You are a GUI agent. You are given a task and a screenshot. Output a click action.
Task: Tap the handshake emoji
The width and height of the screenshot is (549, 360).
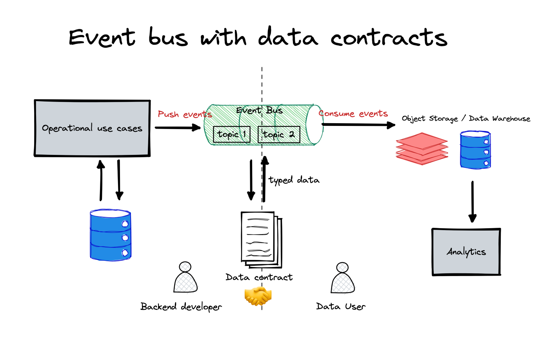click(x=258, y=296)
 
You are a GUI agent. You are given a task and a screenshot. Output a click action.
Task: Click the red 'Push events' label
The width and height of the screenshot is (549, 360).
click(x=185, y=114)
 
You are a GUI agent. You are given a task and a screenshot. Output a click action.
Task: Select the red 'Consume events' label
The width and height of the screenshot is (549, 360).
click(x=353, y=113)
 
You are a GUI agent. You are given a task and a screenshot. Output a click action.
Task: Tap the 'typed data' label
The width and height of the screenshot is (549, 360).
click(x=294, y=180)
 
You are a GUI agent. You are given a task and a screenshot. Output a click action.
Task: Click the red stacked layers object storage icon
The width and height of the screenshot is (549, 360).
click(x=422, y=149)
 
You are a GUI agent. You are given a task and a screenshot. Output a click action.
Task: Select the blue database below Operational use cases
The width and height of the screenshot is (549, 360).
click(x=111, y=235)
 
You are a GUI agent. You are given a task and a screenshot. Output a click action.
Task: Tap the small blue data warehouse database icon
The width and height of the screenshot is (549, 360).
click(x=475, y=150)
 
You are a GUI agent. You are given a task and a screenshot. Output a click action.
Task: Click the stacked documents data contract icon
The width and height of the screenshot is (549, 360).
click(x=262, y=240)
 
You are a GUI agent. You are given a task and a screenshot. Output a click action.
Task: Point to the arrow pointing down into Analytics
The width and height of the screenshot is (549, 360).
click(x=473, y=202)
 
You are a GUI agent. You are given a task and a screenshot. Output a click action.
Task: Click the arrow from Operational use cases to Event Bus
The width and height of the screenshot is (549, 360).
click(x=178, y=128)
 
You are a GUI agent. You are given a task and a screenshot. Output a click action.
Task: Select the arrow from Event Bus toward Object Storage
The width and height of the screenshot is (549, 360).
click(x=358, y=125)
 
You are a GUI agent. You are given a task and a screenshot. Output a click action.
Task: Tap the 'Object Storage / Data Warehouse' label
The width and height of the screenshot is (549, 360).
click(x=466, y=118)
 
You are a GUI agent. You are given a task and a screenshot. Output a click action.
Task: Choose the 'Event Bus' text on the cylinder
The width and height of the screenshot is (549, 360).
click(x=259, y=110)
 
